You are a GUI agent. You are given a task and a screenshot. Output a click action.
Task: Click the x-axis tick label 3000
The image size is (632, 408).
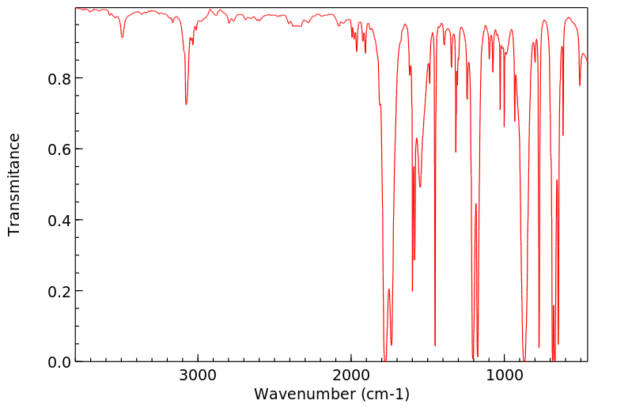click(197, 374)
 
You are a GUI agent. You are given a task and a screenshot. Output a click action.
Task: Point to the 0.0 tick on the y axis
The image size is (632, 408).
click(59, 361)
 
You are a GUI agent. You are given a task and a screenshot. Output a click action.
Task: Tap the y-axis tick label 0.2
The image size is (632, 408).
click(59, 291)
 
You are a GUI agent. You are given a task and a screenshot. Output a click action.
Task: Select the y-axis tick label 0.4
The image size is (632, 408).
click(59, 220)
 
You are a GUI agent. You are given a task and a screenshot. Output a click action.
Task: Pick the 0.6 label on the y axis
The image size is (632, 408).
click(59, 149)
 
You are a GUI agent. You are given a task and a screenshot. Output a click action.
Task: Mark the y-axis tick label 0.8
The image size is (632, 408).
click(59, 78)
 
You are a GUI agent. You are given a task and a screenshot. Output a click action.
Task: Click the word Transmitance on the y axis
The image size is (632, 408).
click(14, 184)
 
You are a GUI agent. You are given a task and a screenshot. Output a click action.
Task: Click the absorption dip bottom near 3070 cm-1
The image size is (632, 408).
click(186, 104)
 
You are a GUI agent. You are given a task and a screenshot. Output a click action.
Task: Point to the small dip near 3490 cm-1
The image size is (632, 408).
click(122, 37)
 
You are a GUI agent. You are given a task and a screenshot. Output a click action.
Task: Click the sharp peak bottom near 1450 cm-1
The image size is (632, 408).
click(435, 346)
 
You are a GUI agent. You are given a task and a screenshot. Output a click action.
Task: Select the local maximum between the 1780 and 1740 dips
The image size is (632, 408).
click(388, 289)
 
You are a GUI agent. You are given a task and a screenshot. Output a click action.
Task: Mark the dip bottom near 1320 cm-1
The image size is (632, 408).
click(456, 152)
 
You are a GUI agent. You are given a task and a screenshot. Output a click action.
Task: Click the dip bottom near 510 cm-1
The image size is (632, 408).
click(580, 85)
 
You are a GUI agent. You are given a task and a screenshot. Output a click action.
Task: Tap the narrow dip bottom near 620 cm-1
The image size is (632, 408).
click(562, 135)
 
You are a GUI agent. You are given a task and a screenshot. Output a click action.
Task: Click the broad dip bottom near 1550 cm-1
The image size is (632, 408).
click(420, 187)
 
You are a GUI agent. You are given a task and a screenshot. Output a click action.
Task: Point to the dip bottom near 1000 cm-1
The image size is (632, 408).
click(504, 127)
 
